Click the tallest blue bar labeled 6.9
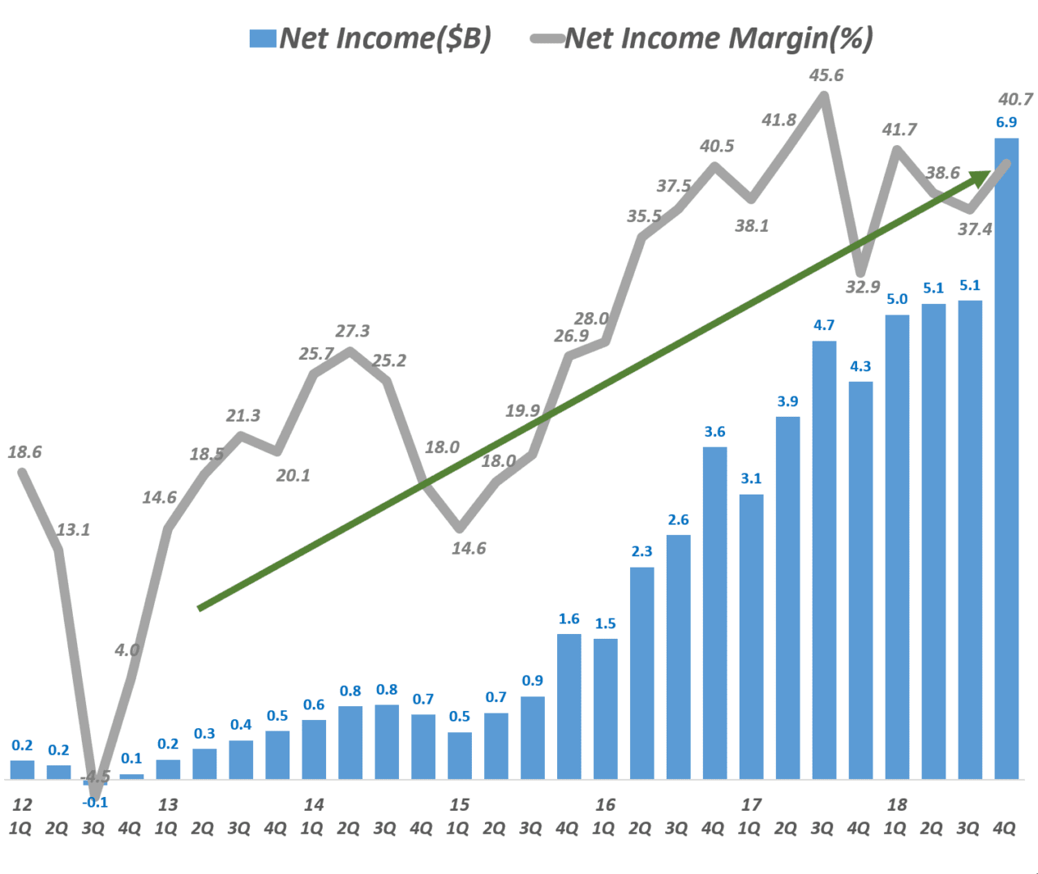(1006, 458)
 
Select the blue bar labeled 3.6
(714, 613)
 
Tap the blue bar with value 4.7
(824, 560)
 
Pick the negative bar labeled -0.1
(95, 782)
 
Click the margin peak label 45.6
(826, 75)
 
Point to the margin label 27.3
(353, 331)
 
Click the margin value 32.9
(863, 286)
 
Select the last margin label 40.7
(1015, 99)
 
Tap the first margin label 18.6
(24, 452)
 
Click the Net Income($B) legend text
(385, 38)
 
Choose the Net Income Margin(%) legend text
(718, 38)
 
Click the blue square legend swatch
(263, 38)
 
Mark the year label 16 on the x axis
(605, 804)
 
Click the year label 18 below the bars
(897, 804)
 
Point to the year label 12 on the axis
(22, 804)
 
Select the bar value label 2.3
(641, 551)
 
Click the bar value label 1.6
(568, 619)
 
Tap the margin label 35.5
(644, 216)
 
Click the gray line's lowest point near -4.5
(96, 798)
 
